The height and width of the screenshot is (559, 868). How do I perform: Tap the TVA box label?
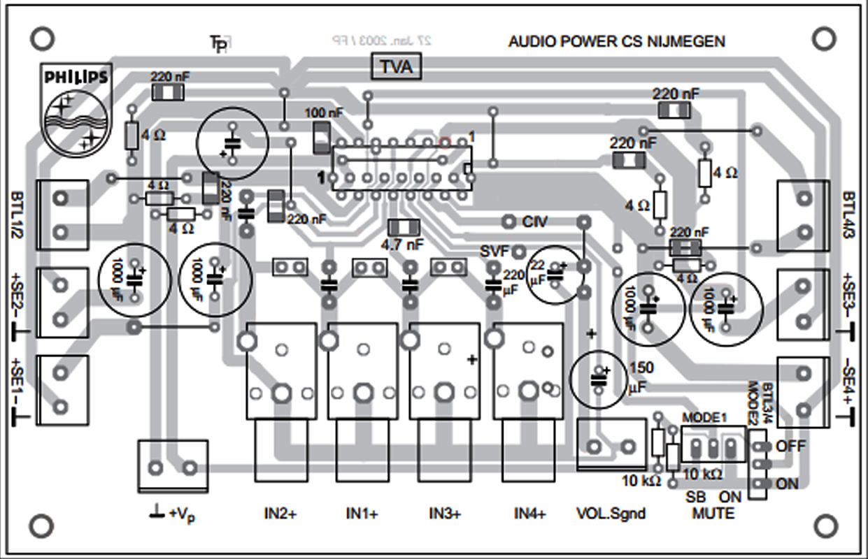(x=396, y=68)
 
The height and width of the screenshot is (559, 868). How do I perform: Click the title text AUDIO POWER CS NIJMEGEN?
(x=616, y=42)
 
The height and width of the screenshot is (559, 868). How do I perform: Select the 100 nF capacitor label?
(x=324, y=112)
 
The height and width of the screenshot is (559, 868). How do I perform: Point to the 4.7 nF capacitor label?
(x=402, y=245)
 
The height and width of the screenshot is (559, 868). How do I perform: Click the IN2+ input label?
(x=280, y=514)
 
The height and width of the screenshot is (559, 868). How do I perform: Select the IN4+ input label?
(x=529, y=514)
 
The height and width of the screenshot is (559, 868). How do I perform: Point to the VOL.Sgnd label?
(x=611, y=514)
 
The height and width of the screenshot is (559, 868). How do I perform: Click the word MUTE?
(x=713, y=514)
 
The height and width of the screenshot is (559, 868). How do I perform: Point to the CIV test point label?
(x=535, y=223)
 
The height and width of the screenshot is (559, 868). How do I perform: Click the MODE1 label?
(x=705, y=418)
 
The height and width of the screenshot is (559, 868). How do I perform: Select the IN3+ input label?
(x=446, y=514)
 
